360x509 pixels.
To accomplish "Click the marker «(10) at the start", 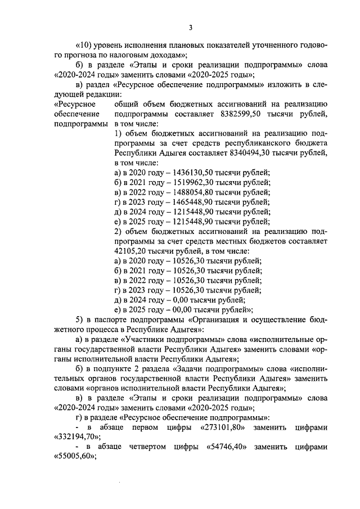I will tap(85, 45).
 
